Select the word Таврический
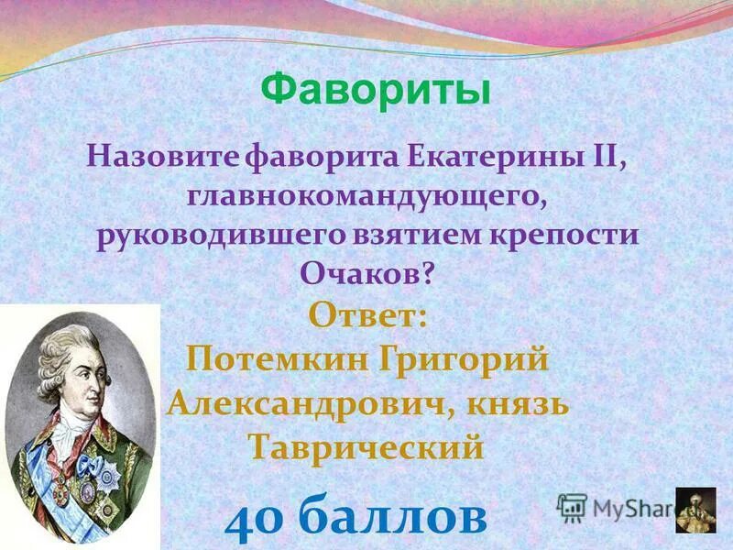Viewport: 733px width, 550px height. (x=366, y=447)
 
